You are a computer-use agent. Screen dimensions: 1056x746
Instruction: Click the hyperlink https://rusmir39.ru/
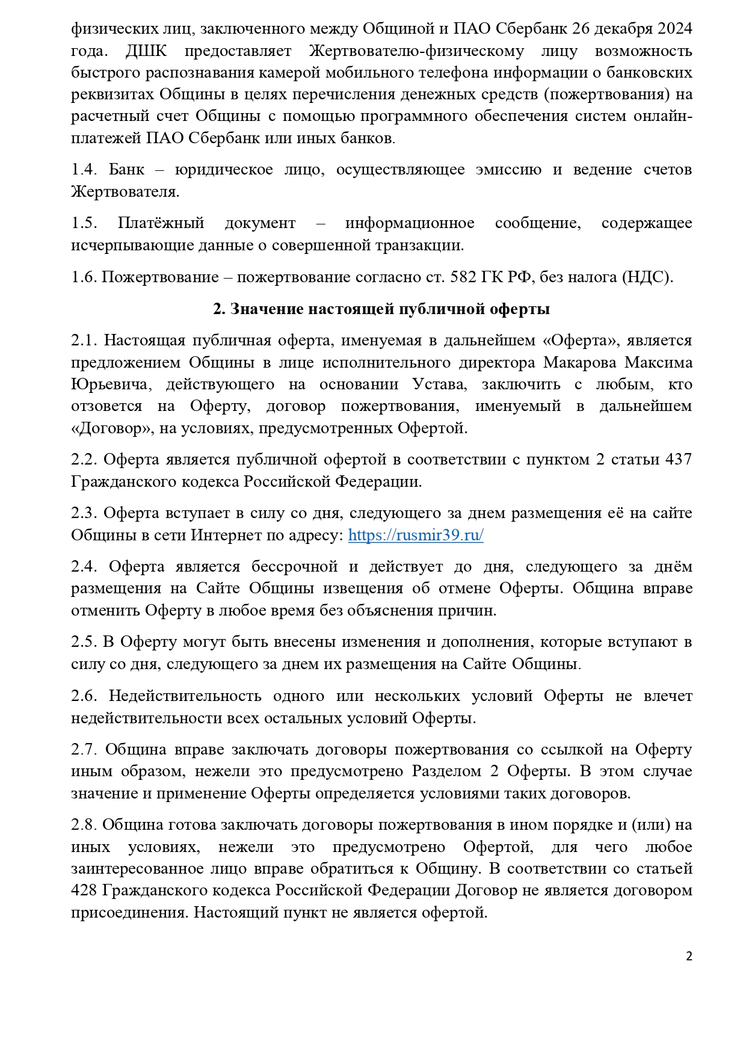click(416, 535)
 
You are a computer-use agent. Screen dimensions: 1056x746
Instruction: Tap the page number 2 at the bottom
click(689, 956)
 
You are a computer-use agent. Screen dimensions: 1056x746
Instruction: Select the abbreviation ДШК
click(146, 51)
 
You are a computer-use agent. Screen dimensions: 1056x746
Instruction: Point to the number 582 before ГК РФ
click(463, 277)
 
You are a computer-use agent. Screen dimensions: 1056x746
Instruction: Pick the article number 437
click(678, 459)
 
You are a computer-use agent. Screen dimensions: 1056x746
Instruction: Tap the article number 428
click(84, 891)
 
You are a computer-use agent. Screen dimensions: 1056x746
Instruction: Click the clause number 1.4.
click(84, 170)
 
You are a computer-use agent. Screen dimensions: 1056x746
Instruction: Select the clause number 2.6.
click(84, 696)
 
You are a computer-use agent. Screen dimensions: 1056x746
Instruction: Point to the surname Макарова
click(579, 362)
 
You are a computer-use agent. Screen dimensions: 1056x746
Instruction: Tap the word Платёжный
click(161, 223)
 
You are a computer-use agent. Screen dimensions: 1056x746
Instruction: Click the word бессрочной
click(295, 566)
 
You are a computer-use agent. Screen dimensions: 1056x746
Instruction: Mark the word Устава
click(439, 384)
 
